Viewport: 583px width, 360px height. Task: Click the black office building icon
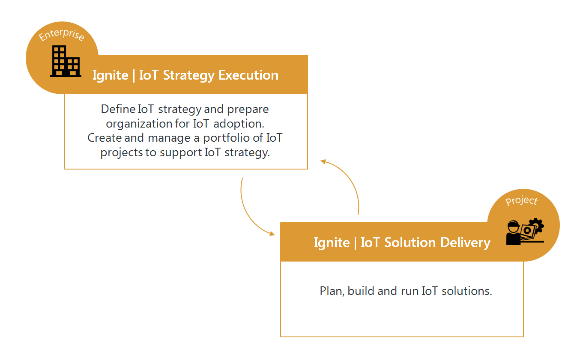66,61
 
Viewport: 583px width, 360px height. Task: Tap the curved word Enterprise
61,35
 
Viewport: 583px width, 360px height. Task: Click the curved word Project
521,201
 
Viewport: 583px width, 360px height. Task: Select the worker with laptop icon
525,232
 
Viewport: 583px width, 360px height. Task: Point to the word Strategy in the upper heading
189,76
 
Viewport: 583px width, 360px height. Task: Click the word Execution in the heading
248,75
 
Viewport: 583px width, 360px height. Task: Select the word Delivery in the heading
465,243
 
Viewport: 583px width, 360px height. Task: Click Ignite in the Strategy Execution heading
111,76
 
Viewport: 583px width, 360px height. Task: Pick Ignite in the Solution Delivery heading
332,243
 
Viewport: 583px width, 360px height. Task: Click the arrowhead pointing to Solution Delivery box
272,233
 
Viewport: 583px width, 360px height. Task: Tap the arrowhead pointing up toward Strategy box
323,162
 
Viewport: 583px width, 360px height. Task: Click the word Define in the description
118,109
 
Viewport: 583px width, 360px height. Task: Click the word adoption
239,124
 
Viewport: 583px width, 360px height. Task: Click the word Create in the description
105,138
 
